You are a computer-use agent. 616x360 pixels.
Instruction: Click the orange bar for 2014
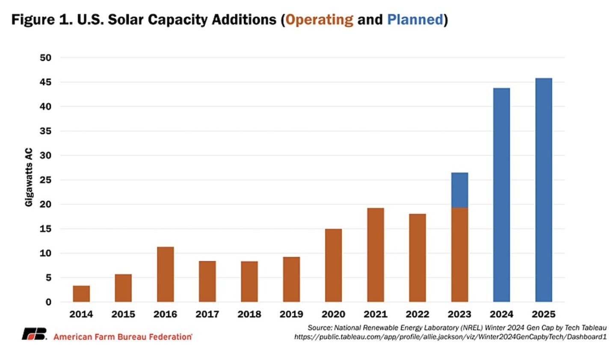pyautogui.click(x=81, y=294)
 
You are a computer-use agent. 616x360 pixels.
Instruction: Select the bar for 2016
pyautogui.click(x=165, y=274)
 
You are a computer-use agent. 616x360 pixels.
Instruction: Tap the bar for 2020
pyautogui.click(x=333, y=266)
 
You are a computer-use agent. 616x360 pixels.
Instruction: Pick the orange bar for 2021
pyautogui.click(x=375, y=255)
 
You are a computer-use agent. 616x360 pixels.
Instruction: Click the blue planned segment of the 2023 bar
pyautogui.click(x=459, y=190)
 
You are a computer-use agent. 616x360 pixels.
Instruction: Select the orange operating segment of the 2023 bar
pyautogui.click(x=459, y=255)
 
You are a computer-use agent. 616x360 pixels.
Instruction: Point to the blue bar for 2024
pyautogui.click(x=501, y=195)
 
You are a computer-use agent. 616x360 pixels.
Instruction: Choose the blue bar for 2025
pyautogui.click(x=543, y=190)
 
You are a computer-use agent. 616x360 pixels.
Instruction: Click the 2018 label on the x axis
pyautogui.click(x=249, y=314)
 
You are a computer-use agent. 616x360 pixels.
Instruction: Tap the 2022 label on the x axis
pyautogui.click(x=417, y=314)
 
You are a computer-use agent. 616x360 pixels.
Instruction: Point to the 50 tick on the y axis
pyautogui.click(x=45, y=58)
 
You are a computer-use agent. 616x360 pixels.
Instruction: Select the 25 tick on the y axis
pyautogui.click(x=45, y=180)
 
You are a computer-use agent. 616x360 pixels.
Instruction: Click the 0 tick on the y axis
pyautogui.click(x=48, y=302)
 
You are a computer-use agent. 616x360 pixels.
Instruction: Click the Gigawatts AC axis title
pyautogui.click(x=29, y=177)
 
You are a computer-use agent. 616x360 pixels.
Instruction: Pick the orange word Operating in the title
pyautogui.click(x=319, y=20)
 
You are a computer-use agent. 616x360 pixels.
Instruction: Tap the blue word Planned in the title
pyautogui.click(x=415, y=20)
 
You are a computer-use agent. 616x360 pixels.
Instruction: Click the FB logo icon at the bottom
pyautogui.click(x=34, y=334)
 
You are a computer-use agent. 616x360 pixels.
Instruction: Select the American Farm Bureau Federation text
pyautogui.click(x=123, y=337)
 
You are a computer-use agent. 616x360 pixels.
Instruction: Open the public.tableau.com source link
pyautogui.click(x=450, y=337)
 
